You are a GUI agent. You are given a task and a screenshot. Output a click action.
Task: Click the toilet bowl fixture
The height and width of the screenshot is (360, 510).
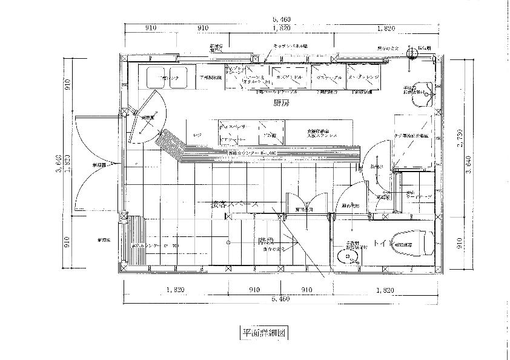[x=414, y=242]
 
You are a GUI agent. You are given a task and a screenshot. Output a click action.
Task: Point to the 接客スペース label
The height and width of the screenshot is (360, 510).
[x=234, y=205]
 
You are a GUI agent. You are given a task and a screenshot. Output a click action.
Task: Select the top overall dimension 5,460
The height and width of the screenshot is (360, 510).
[x=280, y=19]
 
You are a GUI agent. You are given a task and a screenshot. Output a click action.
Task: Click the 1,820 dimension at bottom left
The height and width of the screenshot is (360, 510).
[x=174, y=290]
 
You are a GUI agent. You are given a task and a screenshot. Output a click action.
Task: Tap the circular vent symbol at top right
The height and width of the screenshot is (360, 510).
[x=412, y=53]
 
